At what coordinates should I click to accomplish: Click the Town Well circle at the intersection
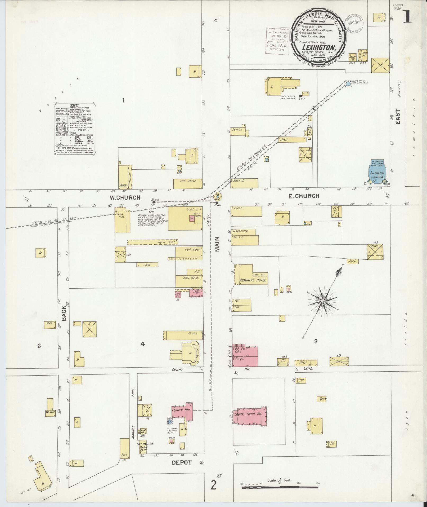tap(217, 197)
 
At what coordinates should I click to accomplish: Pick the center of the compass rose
tap(323, 302)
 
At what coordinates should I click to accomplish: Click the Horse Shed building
tap(152, 242)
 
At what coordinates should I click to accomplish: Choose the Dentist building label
tap(237, 130)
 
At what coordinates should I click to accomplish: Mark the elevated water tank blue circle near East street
tap(348, 84)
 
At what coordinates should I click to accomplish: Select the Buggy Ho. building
tap(352, 57)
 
